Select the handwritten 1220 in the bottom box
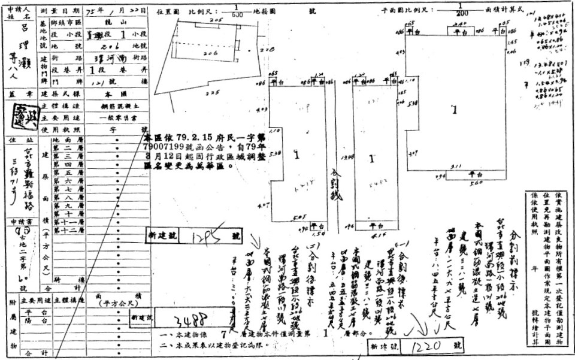coord(426,346)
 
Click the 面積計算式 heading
coord(509,11)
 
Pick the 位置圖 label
coord(167,11)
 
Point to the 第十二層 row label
coord(63,229)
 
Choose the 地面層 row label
coord(63,140)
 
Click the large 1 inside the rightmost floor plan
coord(454,110)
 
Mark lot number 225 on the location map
coord(210,93)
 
